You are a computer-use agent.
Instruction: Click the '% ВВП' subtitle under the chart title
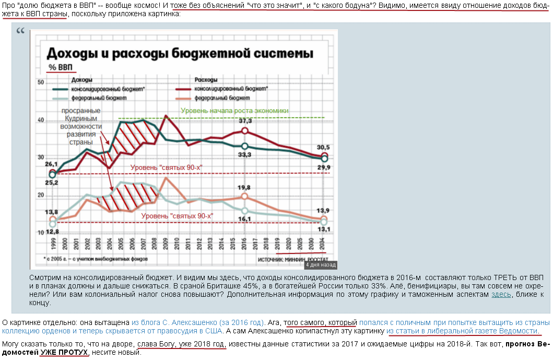(61, 67)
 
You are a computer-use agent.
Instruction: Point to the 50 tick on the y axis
(40, 83)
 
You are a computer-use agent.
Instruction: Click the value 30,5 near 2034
(324, 147)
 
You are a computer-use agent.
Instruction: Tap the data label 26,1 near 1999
(51, 165)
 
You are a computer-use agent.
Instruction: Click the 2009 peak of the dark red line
(166, 115)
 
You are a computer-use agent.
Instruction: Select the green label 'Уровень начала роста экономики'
(234, 110)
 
